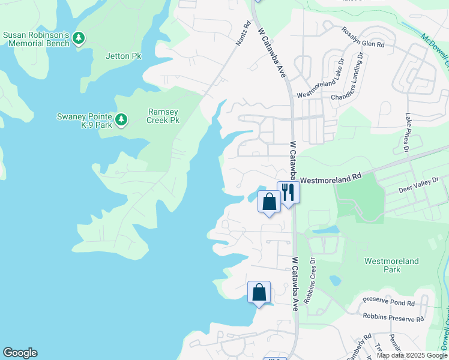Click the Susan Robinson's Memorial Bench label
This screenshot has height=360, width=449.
click(37, 39)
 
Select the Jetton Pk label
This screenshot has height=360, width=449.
click(123, 56)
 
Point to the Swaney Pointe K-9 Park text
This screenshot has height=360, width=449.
click(84, 120)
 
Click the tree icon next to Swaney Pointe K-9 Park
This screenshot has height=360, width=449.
click(121, 120)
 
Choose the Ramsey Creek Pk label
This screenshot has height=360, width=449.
click(163, 116)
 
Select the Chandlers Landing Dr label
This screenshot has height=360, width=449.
click(360, 75)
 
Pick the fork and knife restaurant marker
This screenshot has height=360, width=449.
click(288, 193)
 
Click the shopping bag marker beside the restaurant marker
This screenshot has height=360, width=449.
click(270, 201)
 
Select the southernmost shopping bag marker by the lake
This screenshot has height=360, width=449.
click(259, 292)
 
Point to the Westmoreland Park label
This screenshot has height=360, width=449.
click(391, 265)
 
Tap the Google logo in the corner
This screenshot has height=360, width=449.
click(20, 353)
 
